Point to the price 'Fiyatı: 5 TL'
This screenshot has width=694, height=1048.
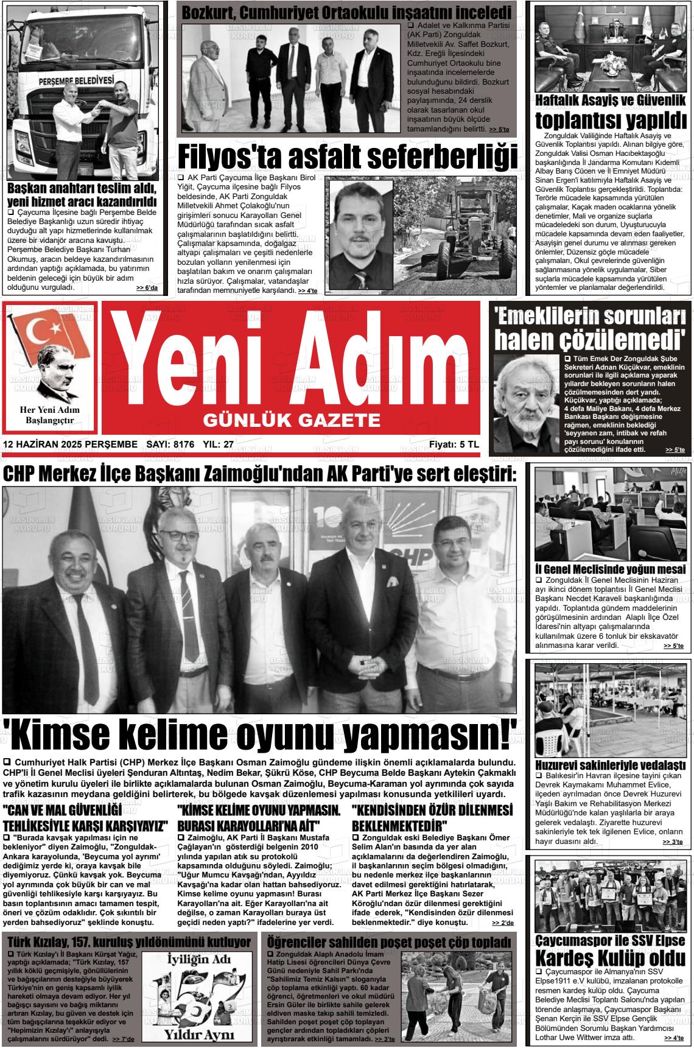point(454,445)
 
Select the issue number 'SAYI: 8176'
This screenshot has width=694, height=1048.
point(170,445)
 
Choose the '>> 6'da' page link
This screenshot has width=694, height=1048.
point(147,288)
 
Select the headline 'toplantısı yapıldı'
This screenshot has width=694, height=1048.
point(611,118)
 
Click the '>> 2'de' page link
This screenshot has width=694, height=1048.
point(503,923)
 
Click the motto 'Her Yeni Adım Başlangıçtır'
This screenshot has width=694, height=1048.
point(49,415)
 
